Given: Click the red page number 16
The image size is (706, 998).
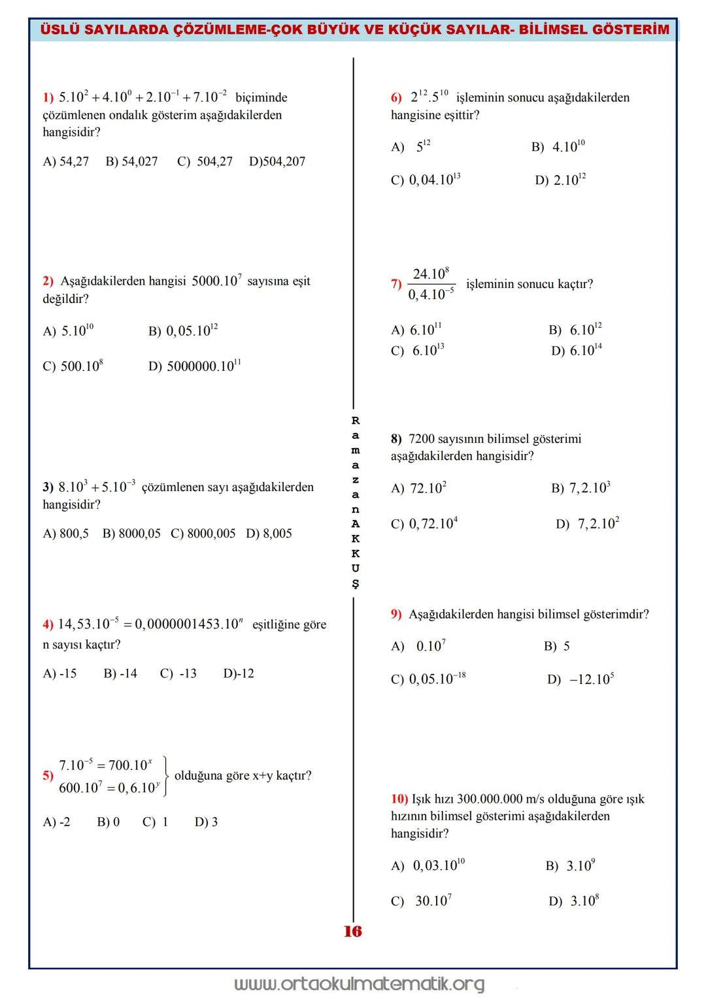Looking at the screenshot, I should click(x=352, y=931).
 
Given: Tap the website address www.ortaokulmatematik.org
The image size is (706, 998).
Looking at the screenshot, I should click(x=360, y=984).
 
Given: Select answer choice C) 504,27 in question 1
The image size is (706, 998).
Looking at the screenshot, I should click(x=205, y=161).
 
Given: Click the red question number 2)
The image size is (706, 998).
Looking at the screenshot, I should click(x=48, y=282).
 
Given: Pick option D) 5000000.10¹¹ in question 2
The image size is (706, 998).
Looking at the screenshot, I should click(x=194, y=365).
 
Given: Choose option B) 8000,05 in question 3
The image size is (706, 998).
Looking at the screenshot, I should click(x=131, y=534).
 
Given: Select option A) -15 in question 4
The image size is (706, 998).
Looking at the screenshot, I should click(x=59, y=673).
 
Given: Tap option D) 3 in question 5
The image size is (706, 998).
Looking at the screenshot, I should click(x=206, y=822).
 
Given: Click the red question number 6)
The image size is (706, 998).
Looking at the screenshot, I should click(x=396, y=98).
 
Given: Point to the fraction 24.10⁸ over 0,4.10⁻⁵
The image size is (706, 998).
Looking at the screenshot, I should click(x=431, y=284).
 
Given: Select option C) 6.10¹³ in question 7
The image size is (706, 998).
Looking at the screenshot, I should click(x=418, y=351).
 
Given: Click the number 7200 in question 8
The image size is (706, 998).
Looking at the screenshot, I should click(x=421, y=439).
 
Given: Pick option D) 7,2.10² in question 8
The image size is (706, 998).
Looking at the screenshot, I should click(x=588, y=524).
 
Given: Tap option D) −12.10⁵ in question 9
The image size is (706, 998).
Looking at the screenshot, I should click(x=580, y=679).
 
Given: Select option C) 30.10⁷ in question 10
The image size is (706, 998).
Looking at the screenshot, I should click(x=422, y=901).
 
